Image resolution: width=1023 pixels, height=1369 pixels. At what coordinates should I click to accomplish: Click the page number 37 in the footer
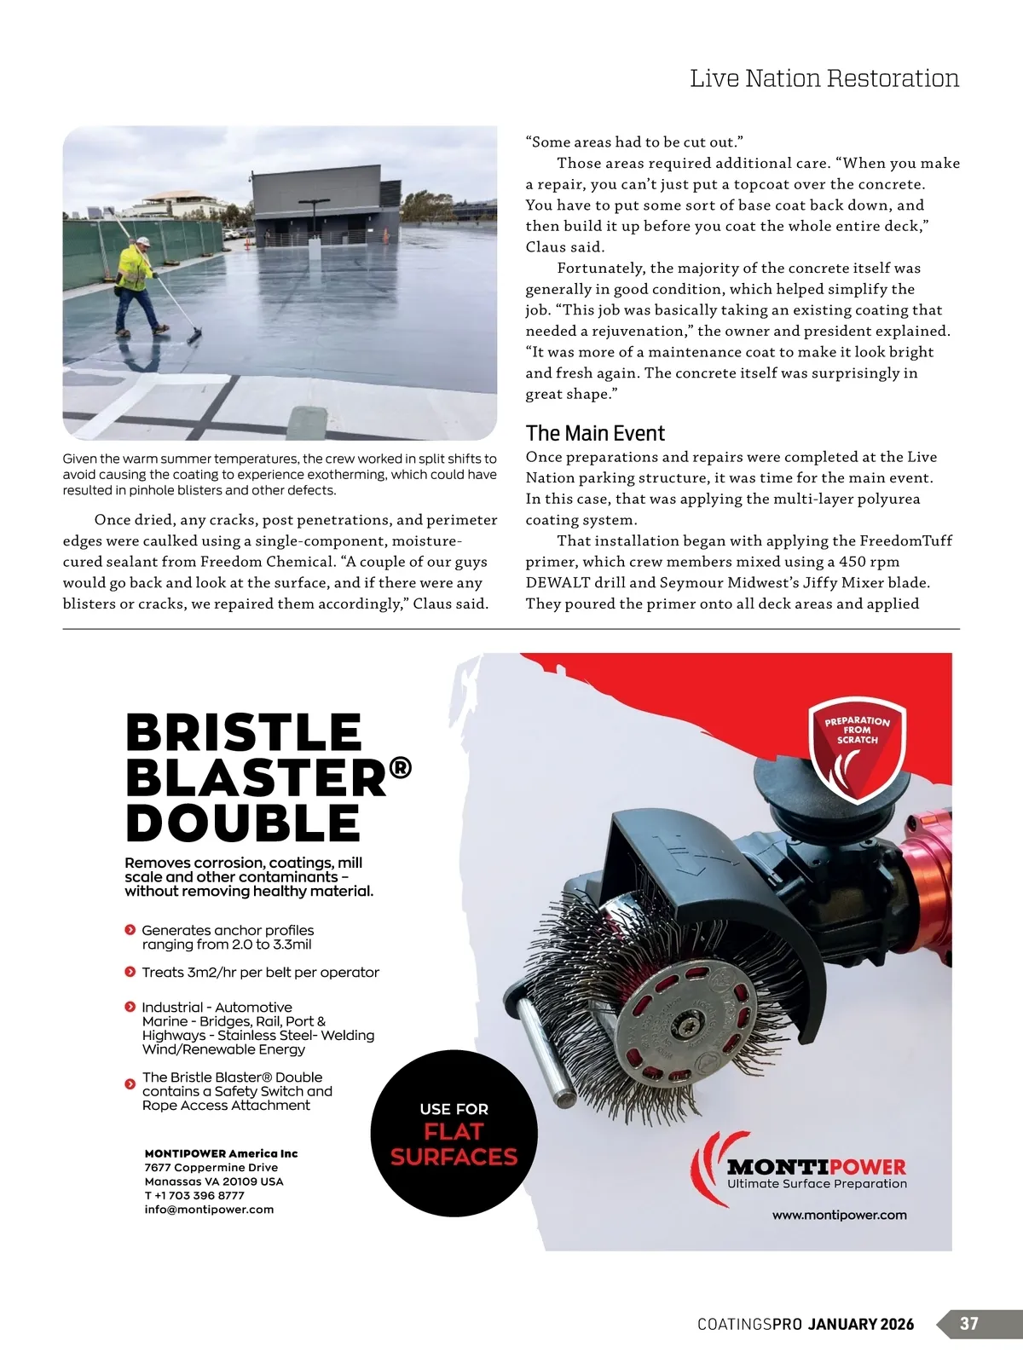tap(969, 1324)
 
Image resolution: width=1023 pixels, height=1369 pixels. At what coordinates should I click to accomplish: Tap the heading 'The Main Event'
tap(595, 433)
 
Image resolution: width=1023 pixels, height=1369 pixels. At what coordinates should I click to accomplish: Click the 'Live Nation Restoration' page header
tap(824, 78)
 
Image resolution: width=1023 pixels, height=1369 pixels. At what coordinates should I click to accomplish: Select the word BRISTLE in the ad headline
tap(244, 733)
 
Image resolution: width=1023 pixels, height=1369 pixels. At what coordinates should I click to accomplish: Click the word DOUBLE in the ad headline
tap(243, 823)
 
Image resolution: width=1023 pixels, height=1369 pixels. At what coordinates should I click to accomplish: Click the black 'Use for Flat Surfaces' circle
tap(454, 1133)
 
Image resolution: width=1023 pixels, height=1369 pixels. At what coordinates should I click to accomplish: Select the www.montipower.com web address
tap(839, 1215)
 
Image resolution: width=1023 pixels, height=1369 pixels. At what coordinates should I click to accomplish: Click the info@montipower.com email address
tap(209, 1210)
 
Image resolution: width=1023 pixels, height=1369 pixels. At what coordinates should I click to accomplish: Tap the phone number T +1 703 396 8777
tap(194, 1195)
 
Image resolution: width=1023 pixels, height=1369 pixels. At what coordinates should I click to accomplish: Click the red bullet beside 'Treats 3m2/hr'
tap(130, 972)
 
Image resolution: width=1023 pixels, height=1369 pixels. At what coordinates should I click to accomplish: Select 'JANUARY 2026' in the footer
tap(861, 1324)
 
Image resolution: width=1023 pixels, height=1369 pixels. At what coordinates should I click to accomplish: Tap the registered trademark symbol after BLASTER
tap(400, 769)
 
